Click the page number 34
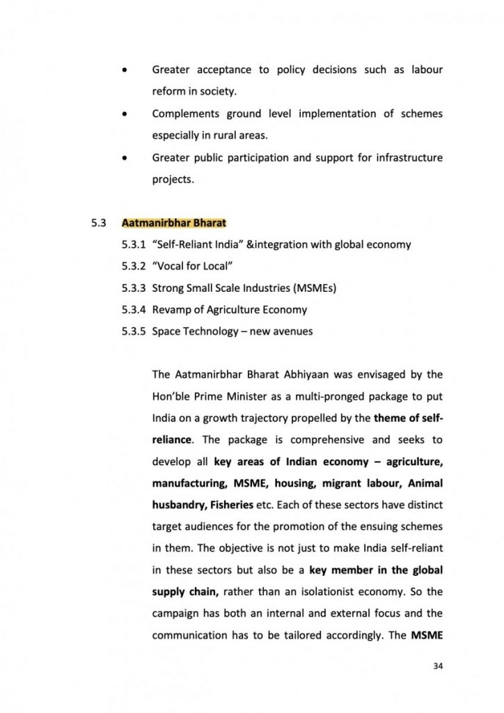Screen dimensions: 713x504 (438, 665)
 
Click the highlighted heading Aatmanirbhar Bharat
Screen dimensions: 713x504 (174, 224)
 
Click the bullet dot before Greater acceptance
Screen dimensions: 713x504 (124, 70)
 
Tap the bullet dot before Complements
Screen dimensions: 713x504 (124, 113)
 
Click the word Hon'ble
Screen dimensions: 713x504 (171, 396)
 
